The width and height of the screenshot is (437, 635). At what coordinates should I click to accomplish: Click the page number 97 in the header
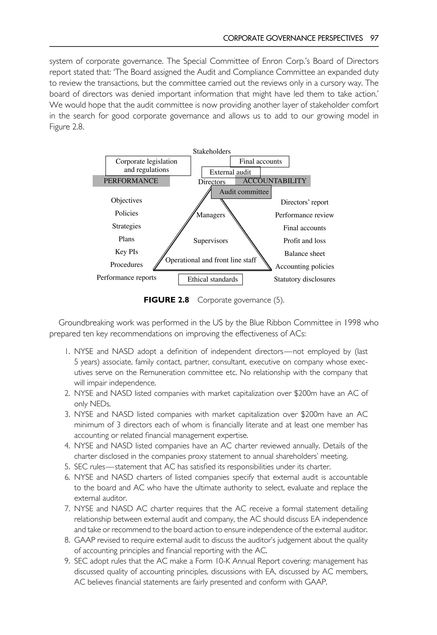coord(374,38)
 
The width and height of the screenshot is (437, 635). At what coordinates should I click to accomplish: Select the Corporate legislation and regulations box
coord(148,166)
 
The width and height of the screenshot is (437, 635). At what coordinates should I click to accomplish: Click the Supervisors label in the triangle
coord(211,241)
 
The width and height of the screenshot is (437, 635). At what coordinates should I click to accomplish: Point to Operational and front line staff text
coord(211,260)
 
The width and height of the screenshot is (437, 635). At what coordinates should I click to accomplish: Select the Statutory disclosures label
coord(304,279)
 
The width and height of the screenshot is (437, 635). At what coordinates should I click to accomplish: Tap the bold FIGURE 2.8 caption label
coord(166,300)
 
